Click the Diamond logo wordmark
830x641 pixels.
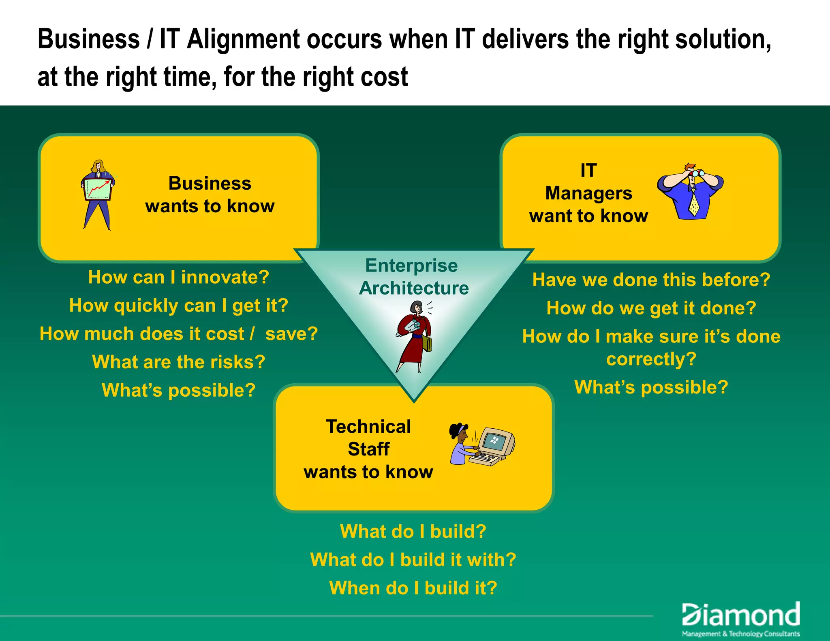pyautogui.click(x=741, y=615)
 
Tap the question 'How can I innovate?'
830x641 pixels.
pyautogui.click(x=179, y=278)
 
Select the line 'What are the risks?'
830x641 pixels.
pyautogui.click(x=179, y=362)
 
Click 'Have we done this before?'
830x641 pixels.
pyautogui.click(x=651, y=280)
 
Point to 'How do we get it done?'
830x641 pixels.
pyautogui.click(x=651, y=308)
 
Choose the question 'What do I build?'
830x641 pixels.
pyautogui.click(x=413, y=532)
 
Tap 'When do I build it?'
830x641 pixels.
pyautogui.click(x=413, y=588)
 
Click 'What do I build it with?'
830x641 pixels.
pyautogui.click(x=413, y=560)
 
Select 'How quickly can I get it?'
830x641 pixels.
pyautogui.click(x=179, y=306)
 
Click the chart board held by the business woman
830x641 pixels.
pyautogui.click(x=98, y=189)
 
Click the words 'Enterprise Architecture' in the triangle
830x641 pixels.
pyautogui.click(x=413, y=277)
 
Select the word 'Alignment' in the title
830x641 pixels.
pyautogui.click(x=243, y=40)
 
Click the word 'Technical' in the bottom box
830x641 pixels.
pyautogui.click(x=368, y=427)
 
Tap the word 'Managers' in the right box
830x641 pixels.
pyautogui.click(x=588, y=193)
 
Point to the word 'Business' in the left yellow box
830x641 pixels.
pyautogui.click(x=210, y=184)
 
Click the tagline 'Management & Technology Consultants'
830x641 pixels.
pyautogui.click(x=741, y=634)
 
